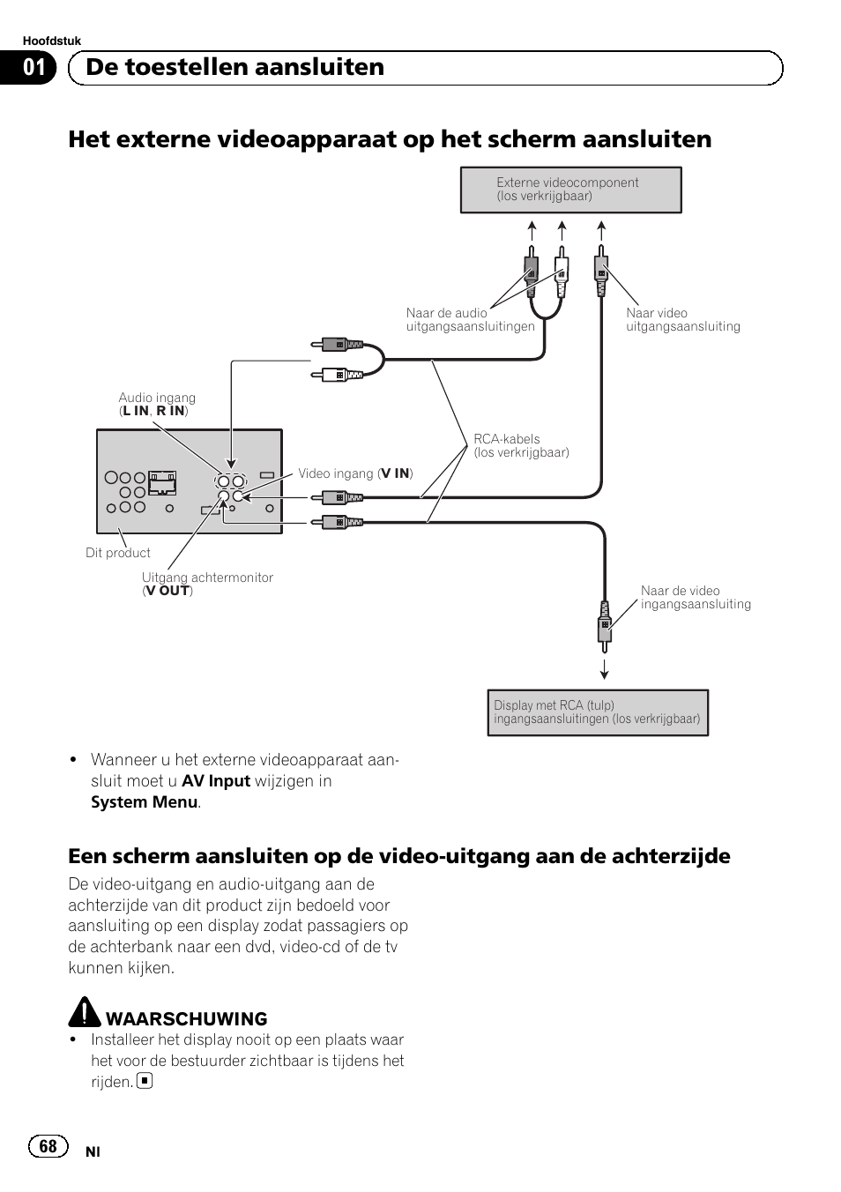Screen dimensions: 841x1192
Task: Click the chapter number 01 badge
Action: (34, 68)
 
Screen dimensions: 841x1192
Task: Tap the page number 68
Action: (48, 1146)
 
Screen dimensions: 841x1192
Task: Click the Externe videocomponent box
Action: (570, 190)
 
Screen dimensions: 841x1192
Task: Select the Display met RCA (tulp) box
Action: (597, 712)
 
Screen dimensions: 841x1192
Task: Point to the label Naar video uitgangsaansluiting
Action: (682, 319)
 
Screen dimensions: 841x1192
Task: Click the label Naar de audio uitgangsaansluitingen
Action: (470, 319)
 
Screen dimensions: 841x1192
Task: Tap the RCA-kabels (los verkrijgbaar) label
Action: (521, 445)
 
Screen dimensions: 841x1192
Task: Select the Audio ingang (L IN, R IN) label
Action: (157, 405)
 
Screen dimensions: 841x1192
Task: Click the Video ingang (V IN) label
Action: (355, 473)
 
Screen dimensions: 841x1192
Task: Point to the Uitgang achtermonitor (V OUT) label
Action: (207, 584)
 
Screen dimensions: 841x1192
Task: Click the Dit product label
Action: (118, 553)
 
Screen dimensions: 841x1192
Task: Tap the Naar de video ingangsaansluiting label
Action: (696, 598)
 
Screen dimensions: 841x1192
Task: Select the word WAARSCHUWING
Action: (187, 1019)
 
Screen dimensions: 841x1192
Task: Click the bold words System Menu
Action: (144, 802)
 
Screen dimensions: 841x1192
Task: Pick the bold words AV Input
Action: (216, 781)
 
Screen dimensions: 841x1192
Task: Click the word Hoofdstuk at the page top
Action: (51, 41)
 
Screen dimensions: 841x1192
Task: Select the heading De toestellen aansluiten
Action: (235, 68)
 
